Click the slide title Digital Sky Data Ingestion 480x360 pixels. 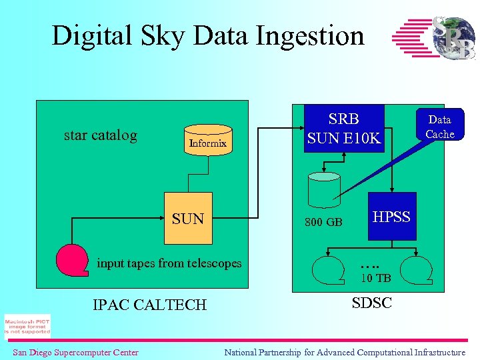click(208, 35)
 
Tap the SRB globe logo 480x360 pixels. click(433, 37)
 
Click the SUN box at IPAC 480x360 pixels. click(188, 219)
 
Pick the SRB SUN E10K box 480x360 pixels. click(344, 128)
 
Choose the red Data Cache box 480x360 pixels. click(439, 127)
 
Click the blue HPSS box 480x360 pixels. click(391, 217)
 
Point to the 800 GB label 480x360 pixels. click(324, 222)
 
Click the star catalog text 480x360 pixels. click(101, 135)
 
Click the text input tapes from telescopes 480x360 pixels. click(169, 263)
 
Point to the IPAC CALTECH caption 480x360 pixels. click(149, 305)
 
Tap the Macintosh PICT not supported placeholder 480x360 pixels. click(27, 326)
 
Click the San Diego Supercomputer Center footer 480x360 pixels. click(75, 352)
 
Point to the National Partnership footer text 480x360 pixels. click(345, 352)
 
